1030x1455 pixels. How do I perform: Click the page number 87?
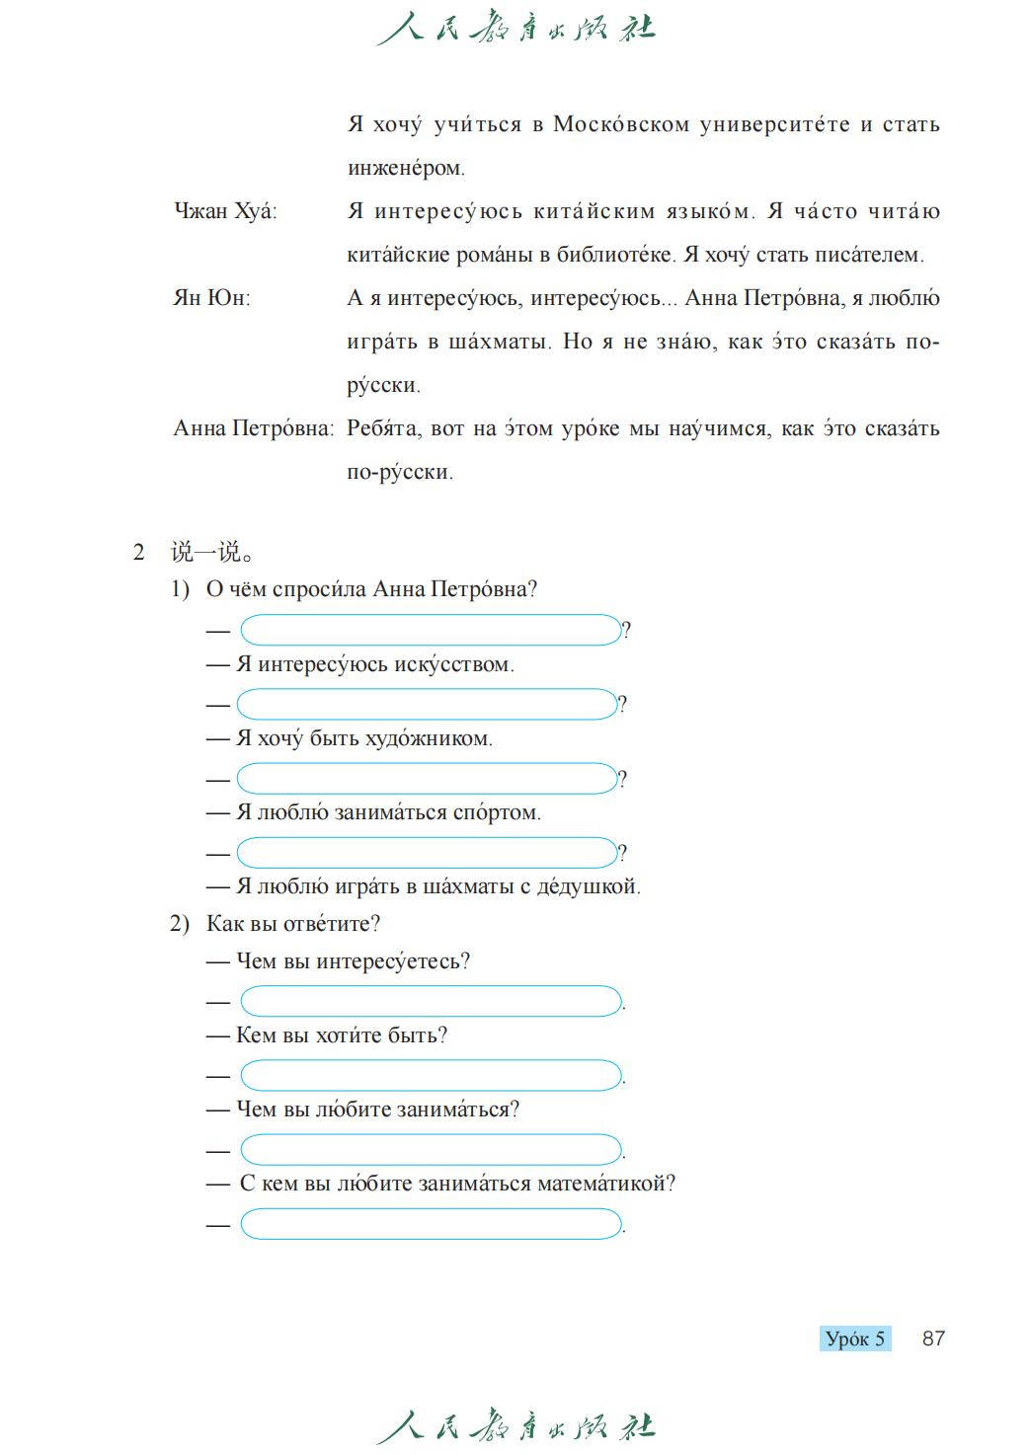[933, 1339]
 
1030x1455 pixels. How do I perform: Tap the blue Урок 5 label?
[855, 1340]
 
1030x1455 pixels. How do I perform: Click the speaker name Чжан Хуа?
[224, 211]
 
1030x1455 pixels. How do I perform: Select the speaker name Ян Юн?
[211, 298]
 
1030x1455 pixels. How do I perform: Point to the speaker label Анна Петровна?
[253, 428]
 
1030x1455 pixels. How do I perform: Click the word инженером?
[405, 168]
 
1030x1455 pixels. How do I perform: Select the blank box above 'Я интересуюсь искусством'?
[431, 630]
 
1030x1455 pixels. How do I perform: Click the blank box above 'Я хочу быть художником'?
[427, 704]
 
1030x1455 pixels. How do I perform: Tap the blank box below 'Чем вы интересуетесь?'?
[431, 1001]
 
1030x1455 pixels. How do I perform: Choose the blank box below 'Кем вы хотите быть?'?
[431, 1075]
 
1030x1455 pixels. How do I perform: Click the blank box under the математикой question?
[431, 1224]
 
